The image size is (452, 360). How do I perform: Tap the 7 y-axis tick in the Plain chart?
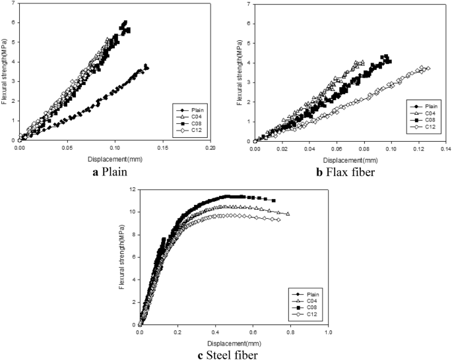click(x=13, y=5)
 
